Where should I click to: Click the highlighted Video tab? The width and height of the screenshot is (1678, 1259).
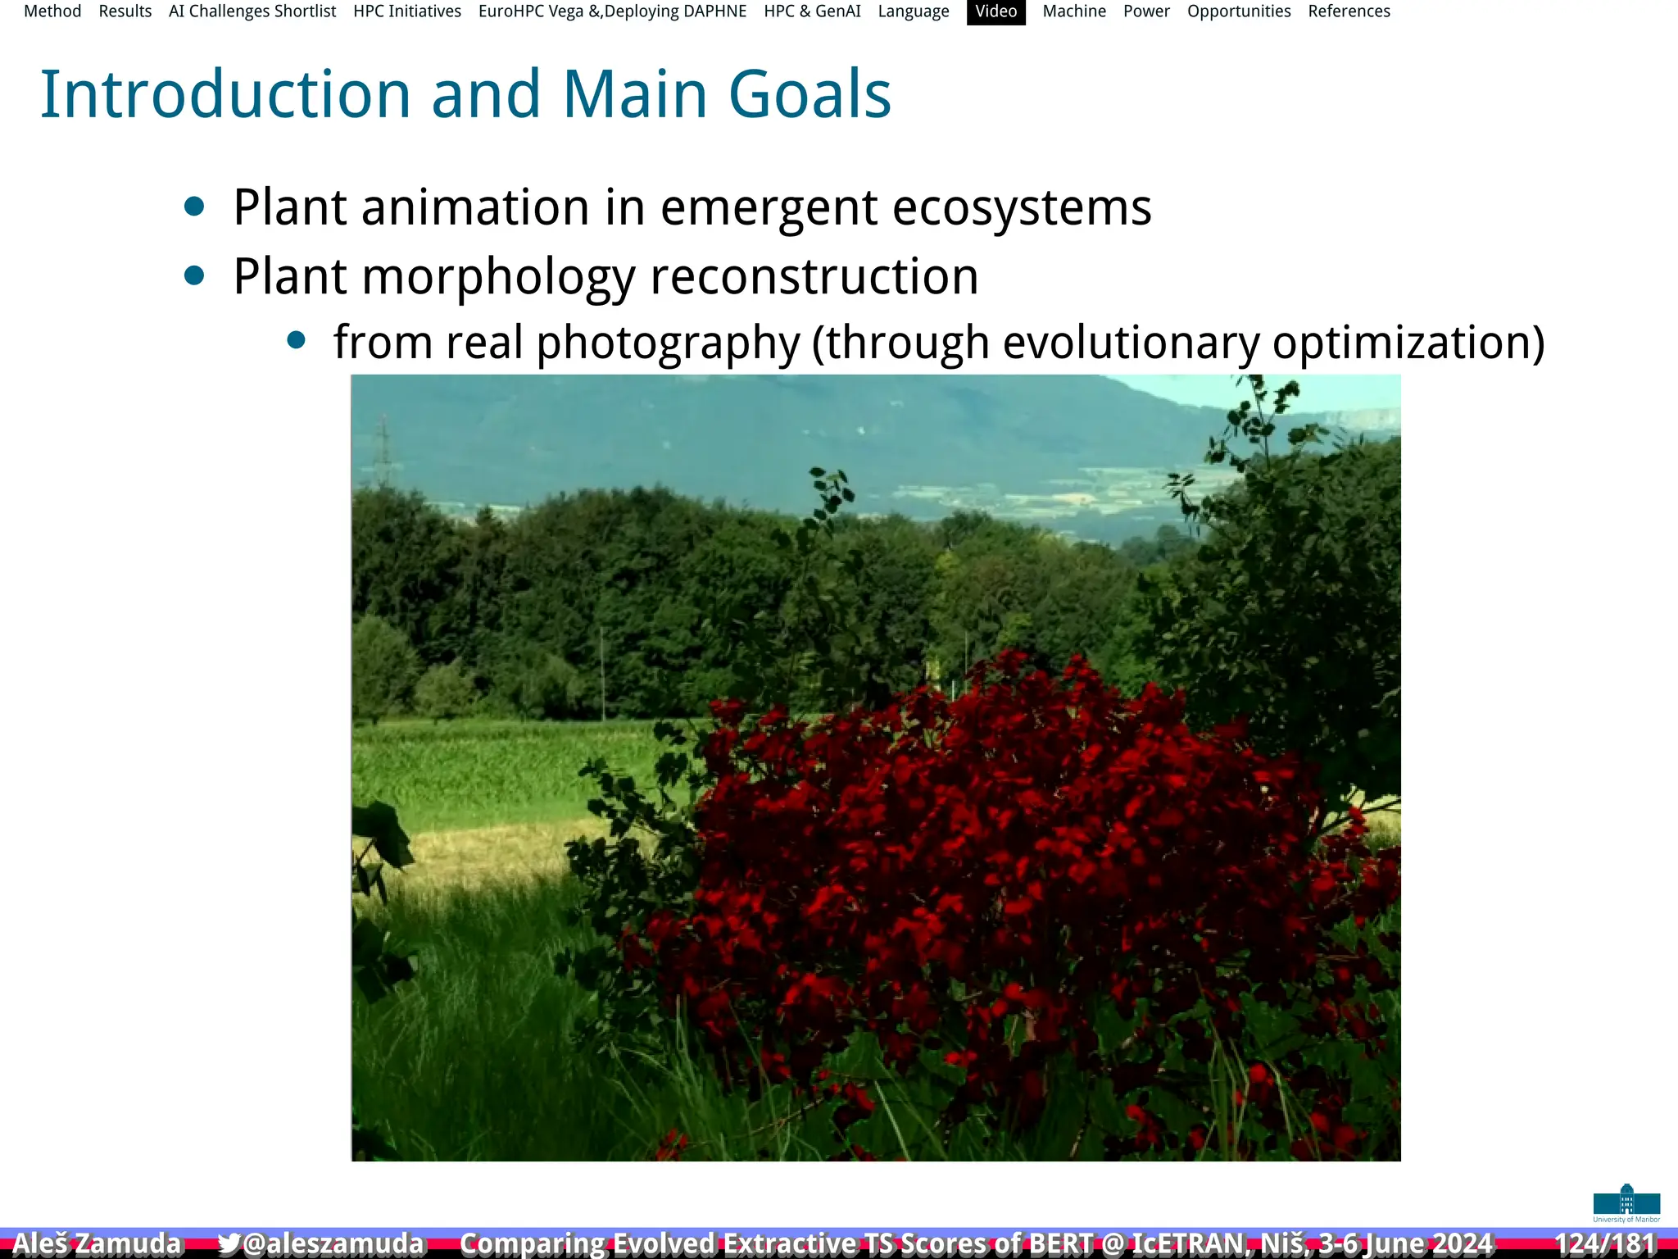tap(995, 11)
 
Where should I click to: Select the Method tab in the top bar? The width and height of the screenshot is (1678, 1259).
tap(52, 11)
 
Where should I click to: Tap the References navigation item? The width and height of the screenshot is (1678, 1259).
tap(1349, 11)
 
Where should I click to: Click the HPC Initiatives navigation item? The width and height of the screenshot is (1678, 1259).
tap(407, 11)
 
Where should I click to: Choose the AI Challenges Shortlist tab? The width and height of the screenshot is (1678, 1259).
tap(252, 11)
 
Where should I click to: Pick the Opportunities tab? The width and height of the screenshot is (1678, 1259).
tap(1239, 11)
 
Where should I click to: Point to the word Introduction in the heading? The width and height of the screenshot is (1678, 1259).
tap(225, 94)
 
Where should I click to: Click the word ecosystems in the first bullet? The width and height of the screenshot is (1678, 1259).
tap(1021, 207)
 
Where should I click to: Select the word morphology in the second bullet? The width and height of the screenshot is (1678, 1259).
tap(498, 277)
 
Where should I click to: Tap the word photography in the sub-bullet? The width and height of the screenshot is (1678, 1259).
tap(668, 343)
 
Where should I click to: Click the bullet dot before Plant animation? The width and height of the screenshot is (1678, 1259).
tap(194, 207)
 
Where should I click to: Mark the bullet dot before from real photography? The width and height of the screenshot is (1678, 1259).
tap(297, 340)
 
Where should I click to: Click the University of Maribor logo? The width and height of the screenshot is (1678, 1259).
tap(1626, 1203)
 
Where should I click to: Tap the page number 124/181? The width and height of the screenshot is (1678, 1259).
tap(1604, 1243)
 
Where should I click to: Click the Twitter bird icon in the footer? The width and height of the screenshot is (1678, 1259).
tap(229, 1243)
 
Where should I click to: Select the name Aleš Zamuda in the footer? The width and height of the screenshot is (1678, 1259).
tap(97, 1243)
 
